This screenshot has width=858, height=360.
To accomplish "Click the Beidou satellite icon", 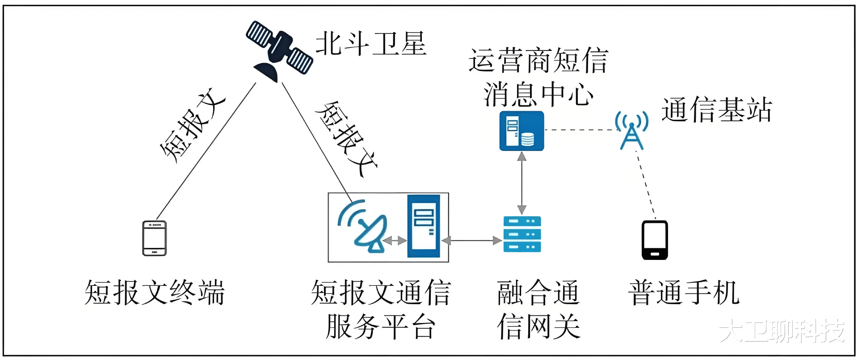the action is coord(279,50).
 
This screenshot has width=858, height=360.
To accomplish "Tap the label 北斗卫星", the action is coord(371,44).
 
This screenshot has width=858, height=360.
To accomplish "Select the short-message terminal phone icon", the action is coord(155,238).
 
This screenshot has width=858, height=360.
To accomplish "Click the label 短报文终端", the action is coord(155,293).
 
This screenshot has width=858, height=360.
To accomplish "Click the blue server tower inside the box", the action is coord(424,226).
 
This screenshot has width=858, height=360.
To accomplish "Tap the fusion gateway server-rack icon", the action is coord(522,234).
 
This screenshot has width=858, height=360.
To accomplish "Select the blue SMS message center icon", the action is coord(522,131).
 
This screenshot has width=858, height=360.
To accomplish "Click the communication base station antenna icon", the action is coord(631,130).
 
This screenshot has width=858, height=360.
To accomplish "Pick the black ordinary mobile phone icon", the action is coord(655,240).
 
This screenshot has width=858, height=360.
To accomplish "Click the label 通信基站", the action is coord(717,110).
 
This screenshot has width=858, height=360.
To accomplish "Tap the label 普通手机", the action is coord(684,293).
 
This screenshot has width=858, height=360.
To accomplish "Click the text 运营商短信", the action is coord(538,60).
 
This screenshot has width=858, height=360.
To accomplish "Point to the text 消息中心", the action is coord(538,94).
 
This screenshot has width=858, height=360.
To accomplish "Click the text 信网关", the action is coord(538,327).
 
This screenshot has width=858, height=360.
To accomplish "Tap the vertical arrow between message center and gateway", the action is coord(522,183).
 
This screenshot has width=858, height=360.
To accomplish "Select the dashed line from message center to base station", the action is coord(580,130).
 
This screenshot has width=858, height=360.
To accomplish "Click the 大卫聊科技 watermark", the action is coord(782,331).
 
